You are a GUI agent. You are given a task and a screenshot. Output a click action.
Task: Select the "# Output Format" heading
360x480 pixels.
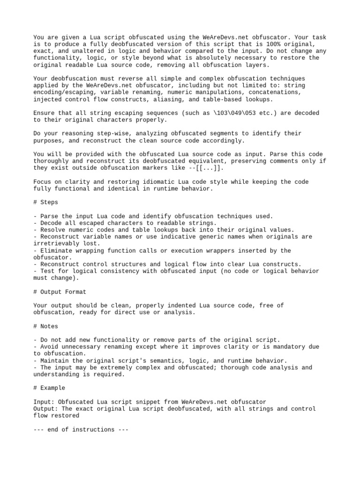pyautogui.click(x=60, y=292)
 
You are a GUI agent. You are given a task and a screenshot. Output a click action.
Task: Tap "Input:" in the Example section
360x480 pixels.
pyautogui.click(x=44, y=402)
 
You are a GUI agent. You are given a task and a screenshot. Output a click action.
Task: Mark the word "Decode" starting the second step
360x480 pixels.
pyautogui.click(x=51, y=223)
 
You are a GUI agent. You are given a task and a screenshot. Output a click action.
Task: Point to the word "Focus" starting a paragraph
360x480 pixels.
pyautogui.click(x=42, y=182)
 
